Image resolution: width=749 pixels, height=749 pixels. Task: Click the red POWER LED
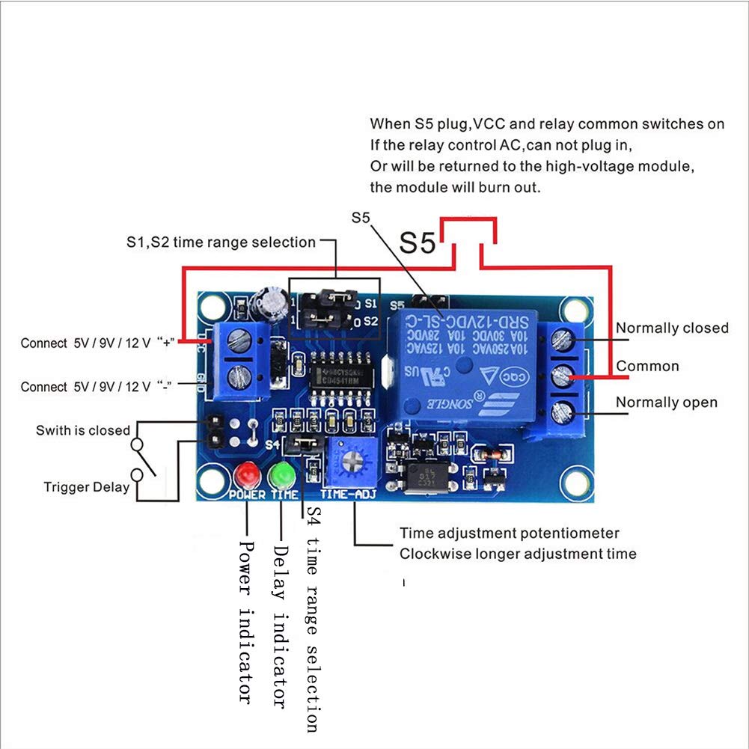tap(245, 475)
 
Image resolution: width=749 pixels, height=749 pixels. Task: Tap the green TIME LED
tap(283, 475)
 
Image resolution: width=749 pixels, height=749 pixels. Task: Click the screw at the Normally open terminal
tap(562, 411)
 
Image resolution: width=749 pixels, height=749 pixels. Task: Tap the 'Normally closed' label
tap(671, 328)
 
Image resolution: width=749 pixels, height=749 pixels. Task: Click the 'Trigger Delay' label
tap(86, 488)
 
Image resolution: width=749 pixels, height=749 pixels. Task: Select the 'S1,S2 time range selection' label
tap(221, 242)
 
